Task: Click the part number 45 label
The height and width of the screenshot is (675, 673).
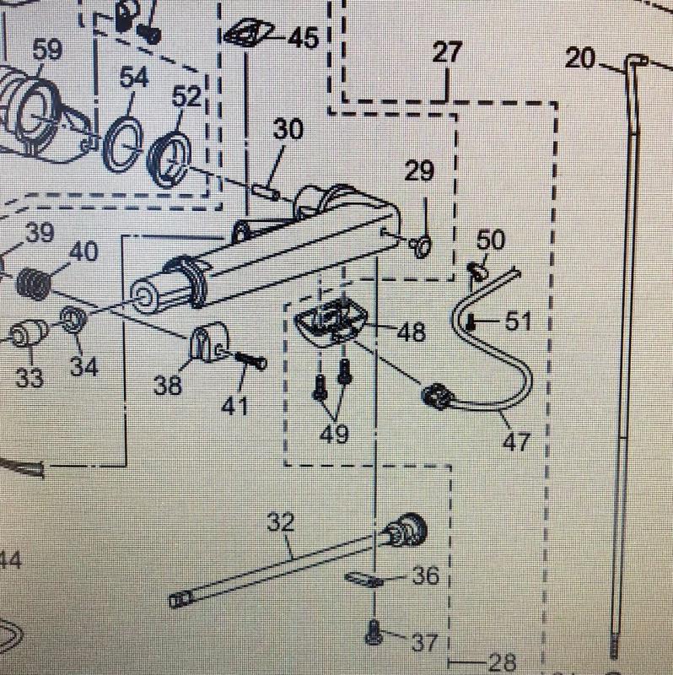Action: (x=302, y=38)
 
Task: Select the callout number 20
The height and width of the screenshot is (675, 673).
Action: (x=580, y=58)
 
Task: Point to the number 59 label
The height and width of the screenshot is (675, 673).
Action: (x=47, y=50)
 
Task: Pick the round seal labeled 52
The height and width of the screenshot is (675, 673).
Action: (x=172, y=156)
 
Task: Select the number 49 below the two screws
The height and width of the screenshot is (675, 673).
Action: (x=334, y=435)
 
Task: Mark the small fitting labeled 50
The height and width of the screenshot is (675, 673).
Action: (x=476, y=270)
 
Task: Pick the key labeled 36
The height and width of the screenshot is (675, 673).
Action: (x=365, y=580)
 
